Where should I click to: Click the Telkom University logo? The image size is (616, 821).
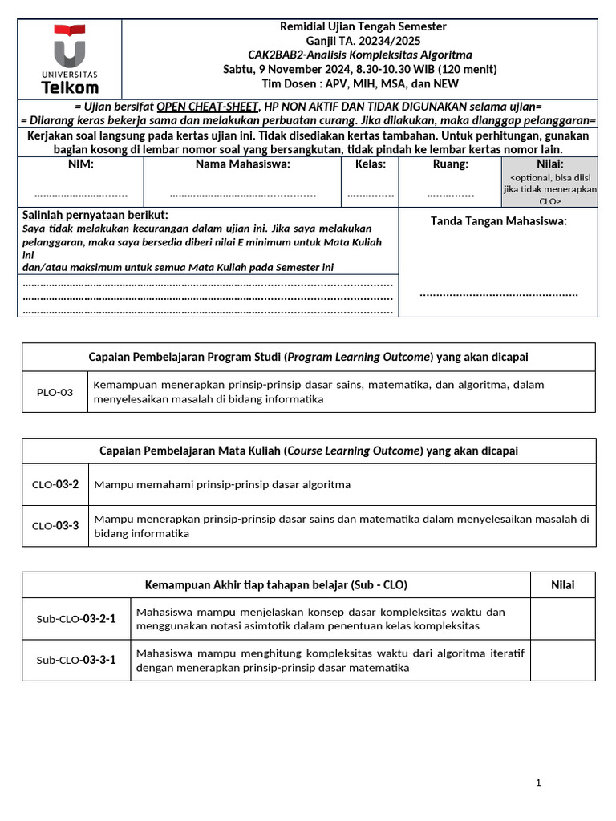[x=70, y=59]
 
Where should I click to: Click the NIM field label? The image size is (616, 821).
[x=80, y=164]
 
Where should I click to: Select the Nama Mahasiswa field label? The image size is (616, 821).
[x=243, y=164]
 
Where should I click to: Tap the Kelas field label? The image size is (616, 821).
[x=370, y=164]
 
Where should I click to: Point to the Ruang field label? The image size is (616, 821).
[x=449, y=164]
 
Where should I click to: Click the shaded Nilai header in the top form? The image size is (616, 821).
[x=549, y=164]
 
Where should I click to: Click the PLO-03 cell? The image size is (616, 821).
[x=55, y=392]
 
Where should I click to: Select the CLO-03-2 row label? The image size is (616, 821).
[x=55, y=484]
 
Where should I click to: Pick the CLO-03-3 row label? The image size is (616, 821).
[x=55, y=526]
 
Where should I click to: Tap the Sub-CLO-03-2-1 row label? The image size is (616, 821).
[x=76, y=619]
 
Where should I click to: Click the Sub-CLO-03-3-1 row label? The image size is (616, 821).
[x=76, y=661]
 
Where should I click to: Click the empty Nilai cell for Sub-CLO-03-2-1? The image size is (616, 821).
[x=562, y=619]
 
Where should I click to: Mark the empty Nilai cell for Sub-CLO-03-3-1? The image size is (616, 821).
[x=562, y=661]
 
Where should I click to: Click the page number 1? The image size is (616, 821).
[x=539, y=782]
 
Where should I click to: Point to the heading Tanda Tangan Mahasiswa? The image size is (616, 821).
[x=498, y=221]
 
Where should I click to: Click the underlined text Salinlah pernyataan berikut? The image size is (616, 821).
[x=95, y=215]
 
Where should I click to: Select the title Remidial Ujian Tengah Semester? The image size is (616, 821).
[x=363, y=27]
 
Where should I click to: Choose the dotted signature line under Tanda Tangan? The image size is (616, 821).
[x=498, y=294]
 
